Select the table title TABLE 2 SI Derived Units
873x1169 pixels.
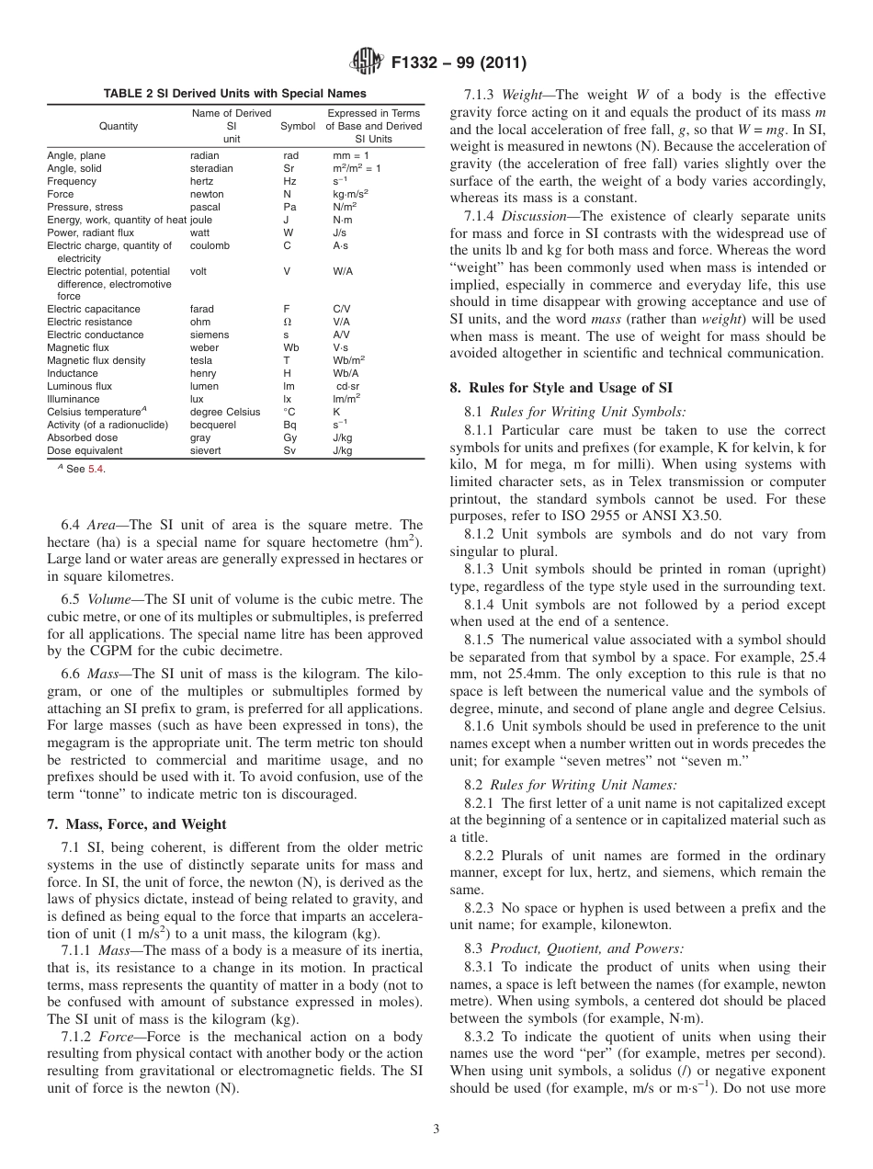[x=234, y=94]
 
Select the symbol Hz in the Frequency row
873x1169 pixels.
[x=289, y=182]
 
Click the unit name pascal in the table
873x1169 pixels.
[x=205, y=208]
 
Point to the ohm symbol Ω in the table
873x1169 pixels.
[x=288, y=323]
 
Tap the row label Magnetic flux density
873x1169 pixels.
[x=96, y=361]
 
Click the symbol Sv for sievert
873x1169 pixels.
[x=289, y=451]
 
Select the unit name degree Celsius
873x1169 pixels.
[x=225, y=413]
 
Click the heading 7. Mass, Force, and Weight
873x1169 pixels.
[x=136, y=824]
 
